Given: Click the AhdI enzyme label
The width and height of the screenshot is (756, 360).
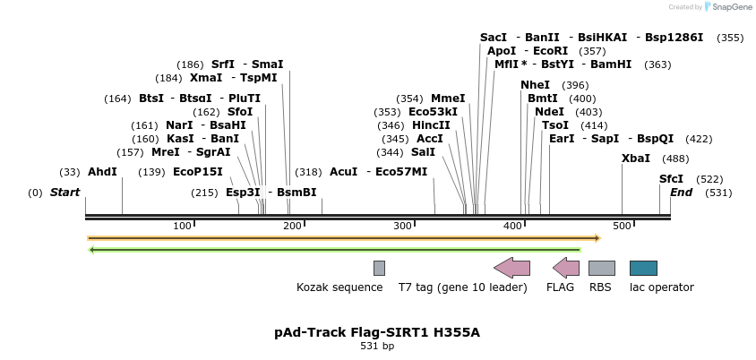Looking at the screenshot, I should click(102, 171).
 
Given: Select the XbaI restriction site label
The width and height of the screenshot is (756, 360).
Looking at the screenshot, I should click(636, 159).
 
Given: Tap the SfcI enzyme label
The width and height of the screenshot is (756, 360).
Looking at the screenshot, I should click(671, 179).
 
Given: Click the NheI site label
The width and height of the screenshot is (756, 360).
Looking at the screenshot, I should click(535, 85).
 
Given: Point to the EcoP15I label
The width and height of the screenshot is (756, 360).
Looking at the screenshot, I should click(198, 171).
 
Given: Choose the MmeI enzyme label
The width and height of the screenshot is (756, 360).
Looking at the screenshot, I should click(448, 99).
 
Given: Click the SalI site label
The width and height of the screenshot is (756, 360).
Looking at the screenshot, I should click(423, 152).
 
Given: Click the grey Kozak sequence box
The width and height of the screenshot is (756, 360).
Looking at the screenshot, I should click(379, 268).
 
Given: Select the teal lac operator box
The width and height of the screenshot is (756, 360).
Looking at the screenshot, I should click(643, 268).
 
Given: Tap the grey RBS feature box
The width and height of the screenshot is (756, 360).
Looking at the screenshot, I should click(601, 268).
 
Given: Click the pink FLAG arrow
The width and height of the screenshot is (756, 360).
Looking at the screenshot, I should click(566, 268).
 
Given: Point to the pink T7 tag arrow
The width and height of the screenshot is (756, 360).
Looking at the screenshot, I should click(512, 268).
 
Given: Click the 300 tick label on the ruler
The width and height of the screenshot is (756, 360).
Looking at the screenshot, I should click(402, 226).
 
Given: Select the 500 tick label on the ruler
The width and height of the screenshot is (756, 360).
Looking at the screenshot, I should click(622, 226).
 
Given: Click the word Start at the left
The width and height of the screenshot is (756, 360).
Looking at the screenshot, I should click(64, 193).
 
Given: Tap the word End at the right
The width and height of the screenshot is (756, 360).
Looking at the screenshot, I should click(681, 193).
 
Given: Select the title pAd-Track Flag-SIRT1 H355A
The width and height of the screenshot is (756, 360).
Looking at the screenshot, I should click(377, 332).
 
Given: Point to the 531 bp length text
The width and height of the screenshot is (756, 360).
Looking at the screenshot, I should click(377, 346).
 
